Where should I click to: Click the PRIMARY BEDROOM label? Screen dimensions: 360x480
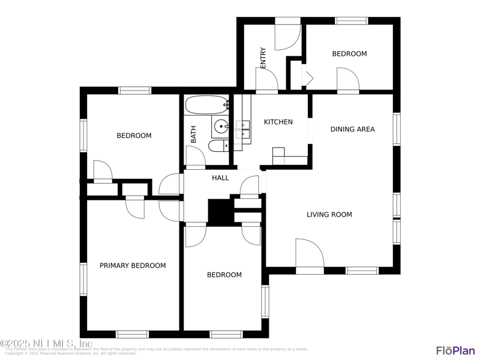tap(133, 265)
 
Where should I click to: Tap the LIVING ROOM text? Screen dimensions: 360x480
tap(329, 214)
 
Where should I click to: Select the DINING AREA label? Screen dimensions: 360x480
tap(352, 129)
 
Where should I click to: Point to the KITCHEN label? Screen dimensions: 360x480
tap(278, 122)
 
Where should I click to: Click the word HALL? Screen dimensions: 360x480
tap(220, 178)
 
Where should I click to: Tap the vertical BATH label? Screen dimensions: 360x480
tap(194, 133)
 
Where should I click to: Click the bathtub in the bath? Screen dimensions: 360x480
tap(206, 105)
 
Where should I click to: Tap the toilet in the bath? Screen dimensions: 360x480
tap(217, 145)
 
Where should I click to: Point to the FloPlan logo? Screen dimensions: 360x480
tap(455, 350)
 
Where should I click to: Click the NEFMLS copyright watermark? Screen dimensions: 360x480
tap(46, 344)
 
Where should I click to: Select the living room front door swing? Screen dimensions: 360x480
tap(309, 254)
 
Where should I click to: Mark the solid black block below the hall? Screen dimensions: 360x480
tap(220, 212)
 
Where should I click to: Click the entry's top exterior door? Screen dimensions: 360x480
tap(287, 35)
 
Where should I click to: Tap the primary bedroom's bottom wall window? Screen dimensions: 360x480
tap(132, 334)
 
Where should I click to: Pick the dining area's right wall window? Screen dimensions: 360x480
tap(397, 129)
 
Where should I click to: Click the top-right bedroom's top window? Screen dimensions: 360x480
tap(352, 21)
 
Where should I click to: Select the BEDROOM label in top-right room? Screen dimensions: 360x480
tap(349, 53)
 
